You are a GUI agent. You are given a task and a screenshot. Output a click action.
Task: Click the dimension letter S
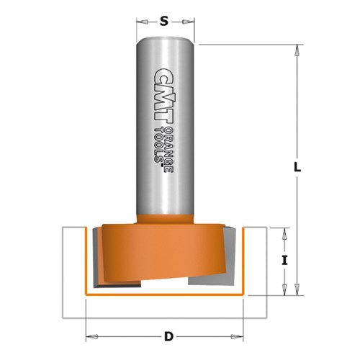coord(164,21)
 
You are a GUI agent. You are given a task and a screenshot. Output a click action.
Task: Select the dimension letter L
coord(297,166)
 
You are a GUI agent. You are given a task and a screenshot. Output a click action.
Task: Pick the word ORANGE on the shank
coord(170,148)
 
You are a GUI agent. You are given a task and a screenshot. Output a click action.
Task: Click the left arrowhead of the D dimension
coord(90,336)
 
